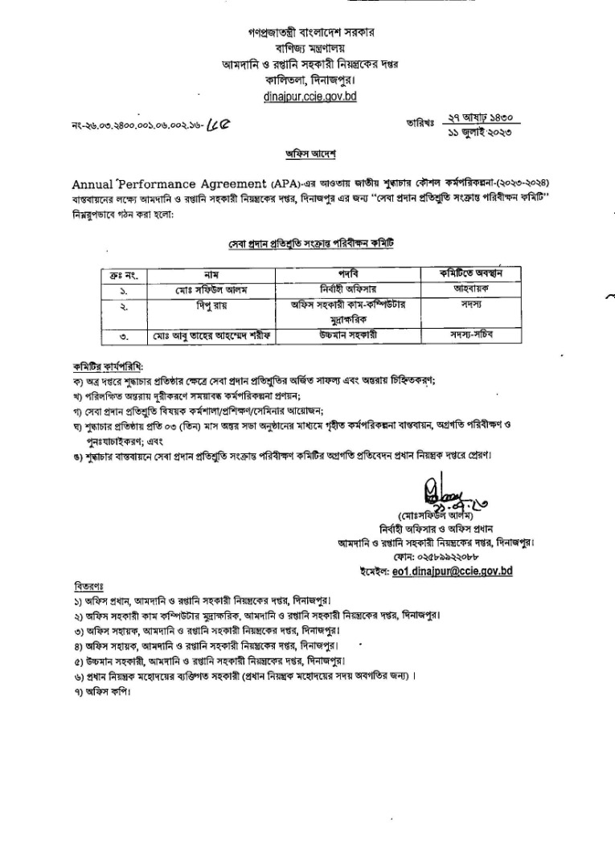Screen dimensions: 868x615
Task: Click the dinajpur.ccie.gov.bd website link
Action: tap(310, 96)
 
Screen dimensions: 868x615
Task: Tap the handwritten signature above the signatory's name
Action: tap(437, 491)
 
